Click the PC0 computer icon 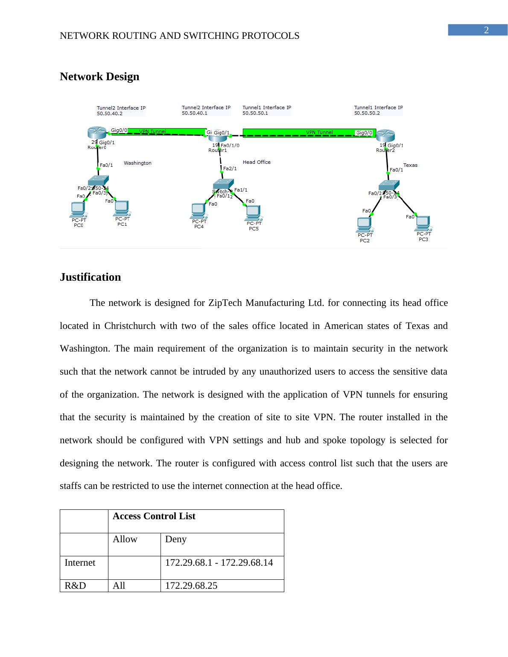[78, 209]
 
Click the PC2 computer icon [364, 224]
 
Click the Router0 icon [97, 133]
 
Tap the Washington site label [137, 163]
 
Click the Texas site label [410, 165]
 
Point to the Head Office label [257, 162]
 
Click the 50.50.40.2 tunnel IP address [110, 114]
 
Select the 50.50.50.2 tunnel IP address [367, 113]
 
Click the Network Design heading [99, 77]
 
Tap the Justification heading [90, 277]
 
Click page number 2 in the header [486, 30]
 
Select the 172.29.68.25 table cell [191, 586]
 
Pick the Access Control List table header [154, 516]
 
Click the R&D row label [75, 586]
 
